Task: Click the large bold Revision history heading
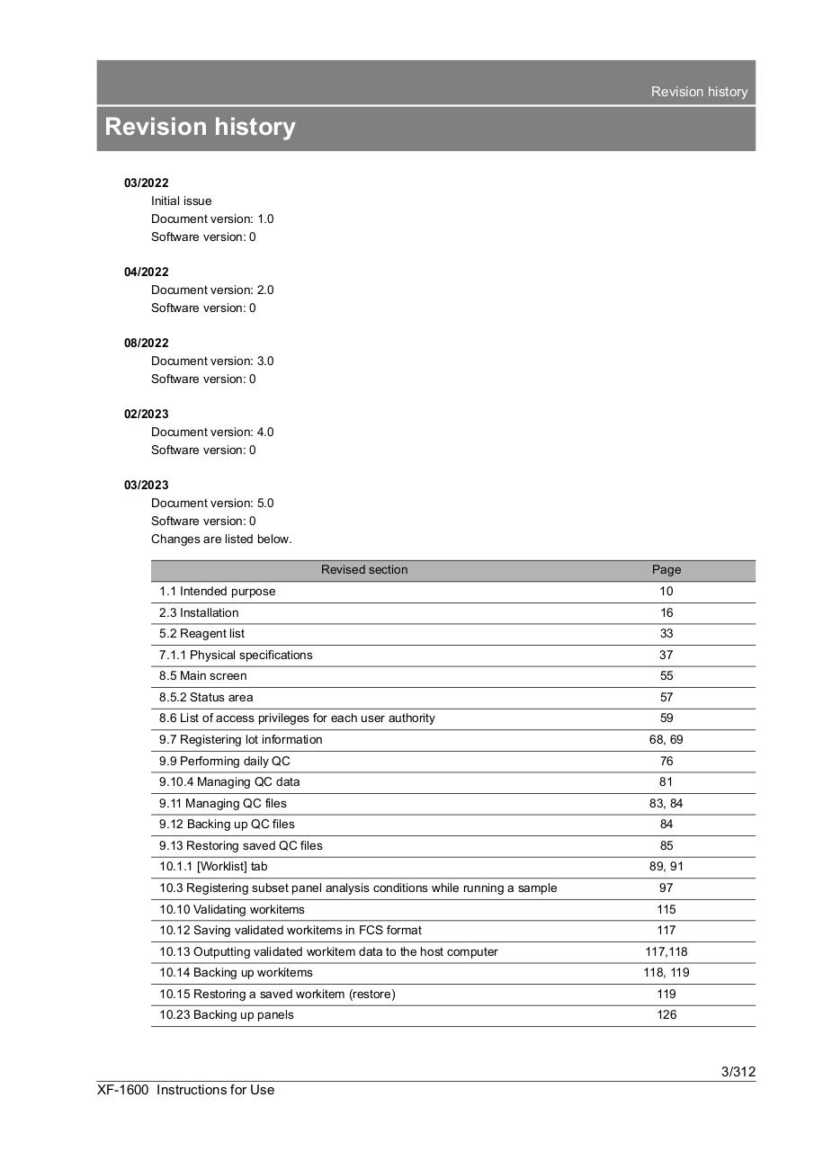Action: point(200,127)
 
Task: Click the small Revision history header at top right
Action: point(699,92)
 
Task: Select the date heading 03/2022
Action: point(146,183)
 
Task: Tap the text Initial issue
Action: point(182,201)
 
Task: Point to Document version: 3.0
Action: point(212,361)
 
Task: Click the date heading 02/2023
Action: point(146,414)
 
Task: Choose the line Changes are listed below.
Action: point(221,539)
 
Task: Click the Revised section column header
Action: point(364,569)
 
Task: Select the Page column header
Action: point(666,569)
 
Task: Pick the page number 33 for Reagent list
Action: point(666,633)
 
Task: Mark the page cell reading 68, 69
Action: point(666,739)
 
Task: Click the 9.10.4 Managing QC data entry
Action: point(229,781)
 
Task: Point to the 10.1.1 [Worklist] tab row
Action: point(213,866)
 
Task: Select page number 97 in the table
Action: point(666,888)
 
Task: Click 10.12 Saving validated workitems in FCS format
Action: point(291,930)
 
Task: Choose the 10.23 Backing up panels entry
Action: point(227,1014)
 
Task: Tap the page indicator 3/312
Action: point(738,1071)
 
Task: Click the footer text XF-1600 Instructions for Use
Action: point(186,1090)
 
